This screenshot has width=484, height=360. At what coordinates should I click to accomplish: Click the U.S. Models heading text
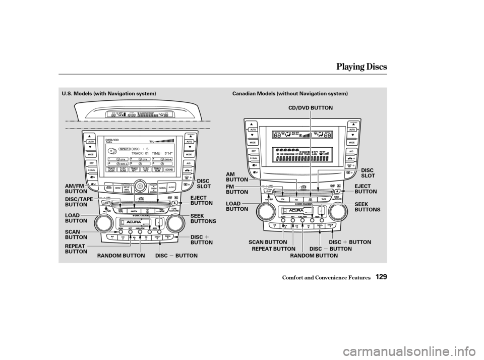105,94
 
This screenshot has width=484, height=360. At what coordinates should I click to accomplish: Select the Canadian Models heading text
290,94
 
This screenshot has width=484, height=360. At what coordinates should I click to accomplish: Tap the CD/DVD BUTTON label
311,108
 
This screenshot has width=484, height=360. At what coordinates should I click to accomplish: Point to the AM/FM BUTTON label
76,189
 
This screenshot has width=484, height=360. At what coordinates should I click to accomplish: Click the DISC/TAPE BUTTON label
79,202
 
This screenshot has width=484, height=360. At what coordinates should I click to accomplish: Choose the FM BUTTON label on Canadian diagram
237,190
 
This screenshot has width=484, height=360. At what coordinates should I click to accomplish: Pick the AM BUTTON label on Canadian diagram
237,176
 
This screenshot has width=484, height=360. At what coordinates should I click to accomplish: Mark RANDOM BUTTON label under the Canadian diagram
314,256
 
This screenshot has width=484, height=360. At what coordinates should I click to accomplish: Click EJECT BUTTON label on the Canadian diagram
367,190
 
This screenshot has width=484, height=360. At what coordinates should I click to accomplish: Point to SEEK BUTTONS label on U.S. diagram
203,218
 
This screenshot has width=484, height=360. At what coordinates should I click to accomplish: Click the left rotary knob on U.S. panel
104,222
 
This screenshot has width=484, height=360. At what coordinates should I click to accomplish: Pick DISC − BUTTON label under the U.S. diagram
176,256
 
